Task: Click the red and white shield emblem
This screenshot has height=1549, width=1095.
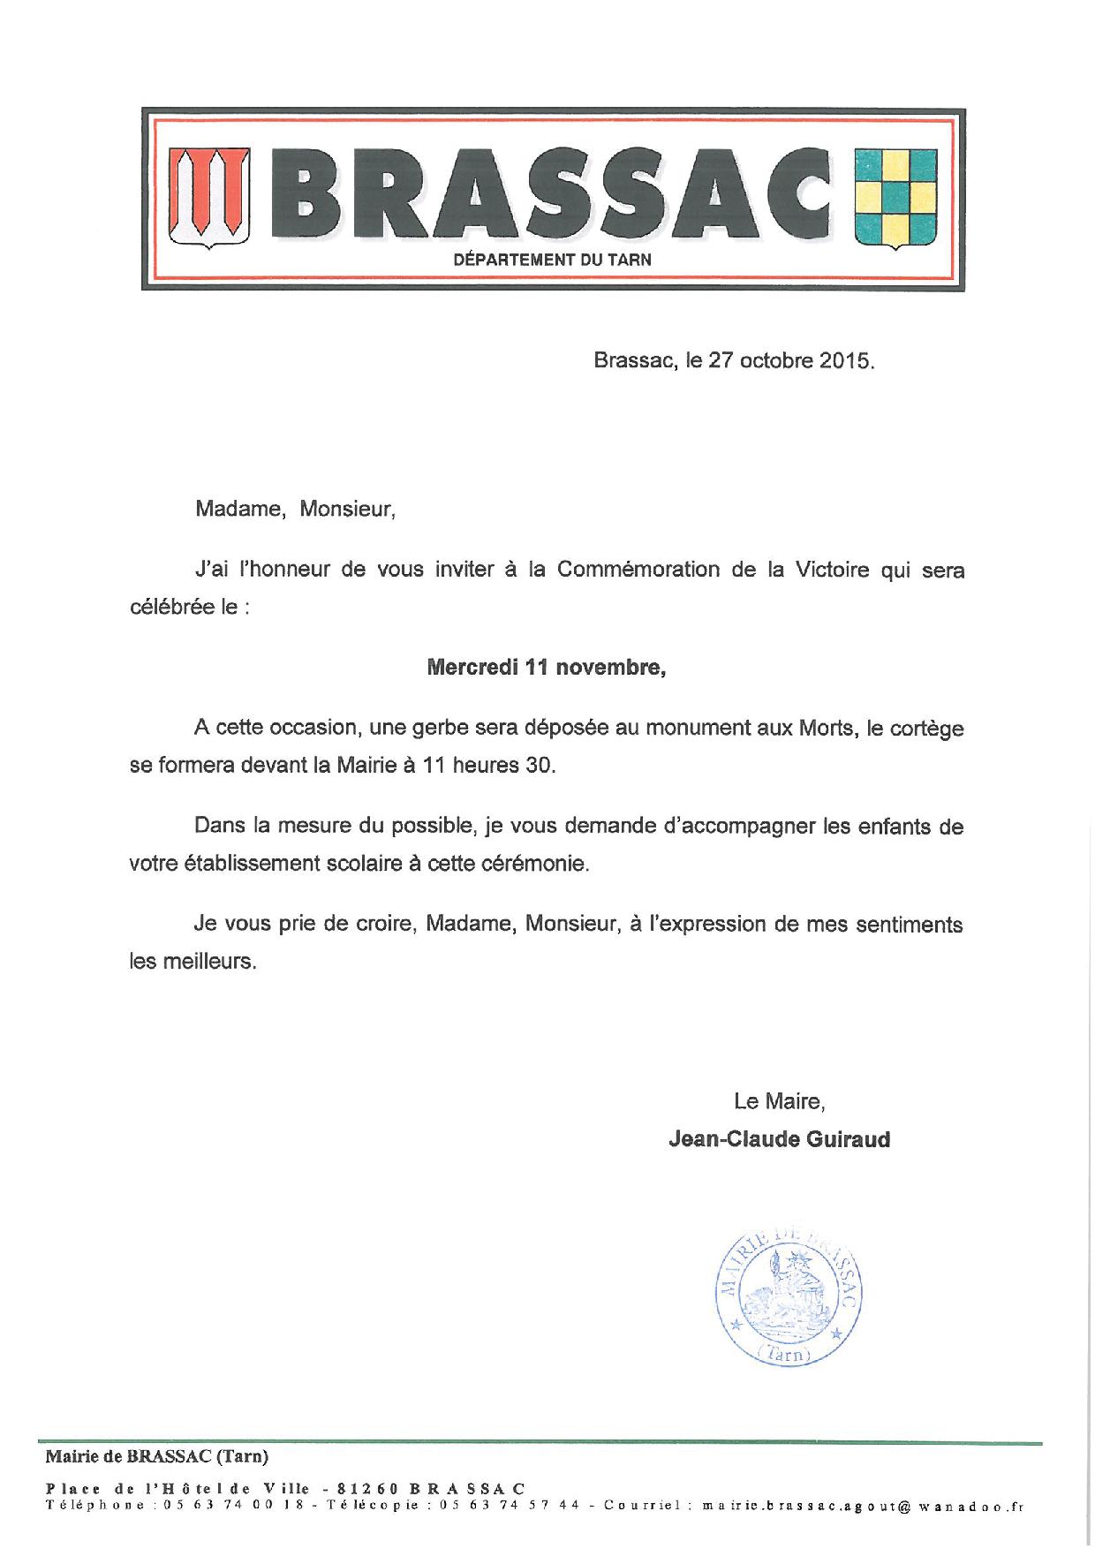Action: pyautogui.click(x=208, y=199)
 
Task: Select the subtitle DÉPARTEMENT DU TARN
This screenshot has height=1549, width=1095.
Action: pyautogui.click(x=552, y=260)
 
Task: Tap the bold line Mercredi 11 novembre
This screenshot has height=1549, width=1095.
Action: pyautogui.click(x=546, y=668)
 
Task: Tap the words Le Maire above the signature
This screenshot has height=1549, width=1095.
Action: pyautogui.click(x=779, y=1101)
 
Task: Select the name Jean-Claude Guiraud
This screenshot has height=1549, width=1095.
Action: pyautogui.click(x=779, y=1139)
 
